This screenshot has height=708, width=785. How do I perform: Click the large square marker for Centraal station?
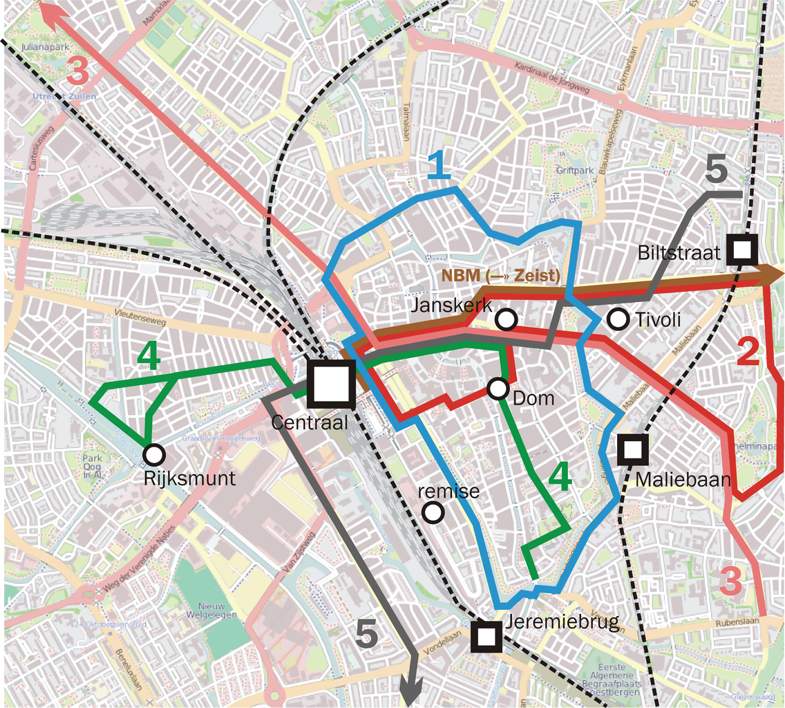(x=331, y=384)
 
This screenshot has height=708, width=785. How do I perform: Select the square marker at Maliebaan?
(x=632, y=450)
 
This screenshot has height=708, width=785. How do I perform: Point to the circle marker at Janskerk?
(x=507, y=319)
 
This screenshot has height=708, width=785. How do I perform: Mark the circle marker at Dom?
(x=498, y=389)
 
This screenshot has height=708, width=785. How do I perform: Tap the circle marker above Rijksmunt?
(x=154, y=454)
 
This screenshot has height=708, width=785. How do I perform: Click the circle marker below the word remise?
(x=433, y=512)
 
